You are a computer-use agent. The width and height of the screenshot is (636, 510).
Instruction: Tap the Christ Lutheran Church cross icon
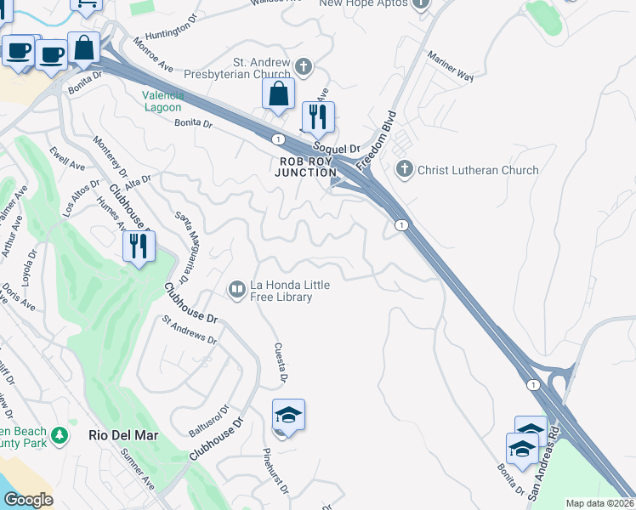[406, 169]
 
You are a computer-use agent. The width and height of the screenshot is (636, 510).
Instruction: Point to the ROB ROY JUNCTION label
[305, 166]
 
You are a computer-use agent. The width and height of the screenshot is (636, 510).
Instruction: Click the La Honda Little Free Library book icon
[236, 291]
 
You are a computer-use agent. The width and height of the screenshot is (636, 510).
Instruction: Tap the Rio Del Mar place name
[123, 434]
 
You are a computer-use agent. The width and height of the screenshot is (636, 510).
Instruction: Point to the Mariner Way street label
[451, 64]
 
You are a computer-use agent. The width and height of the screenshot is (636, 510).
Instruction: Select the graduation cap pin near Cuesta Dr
[288, 415]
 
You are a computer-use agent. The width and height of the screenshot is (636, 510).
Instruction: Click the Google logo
[28, 500]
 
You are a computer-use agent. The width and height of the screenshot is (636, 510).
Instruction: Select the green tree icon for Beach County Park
[59, 436]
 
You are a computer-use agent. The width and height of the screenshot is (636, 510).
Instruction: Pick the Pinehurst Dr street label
[275, 472]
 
